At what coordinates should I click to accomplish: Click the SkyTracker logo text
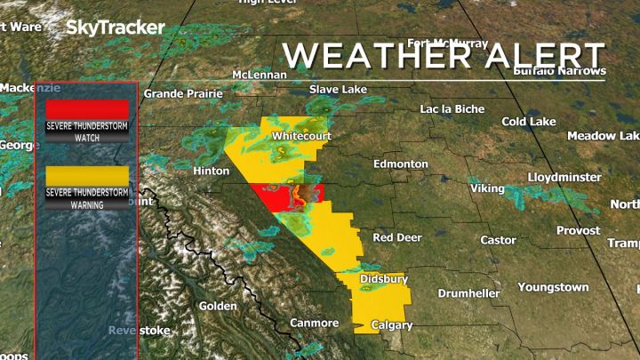116,28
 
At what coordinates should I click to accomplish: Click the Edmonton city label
401,164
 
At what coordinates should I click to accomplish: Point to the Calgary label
392,325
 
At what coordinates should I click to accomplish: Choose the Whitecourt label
301,136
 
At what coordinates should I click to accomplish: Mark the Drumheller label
471,293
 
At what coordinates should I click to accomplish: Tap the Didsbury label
384,279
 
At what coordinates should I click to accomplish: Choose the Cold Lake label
529,121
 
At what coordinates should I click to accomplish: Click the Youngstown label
553,287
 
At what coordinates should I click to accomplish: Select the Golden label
218,306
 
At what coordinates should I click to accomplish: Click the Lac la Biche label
453,109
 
